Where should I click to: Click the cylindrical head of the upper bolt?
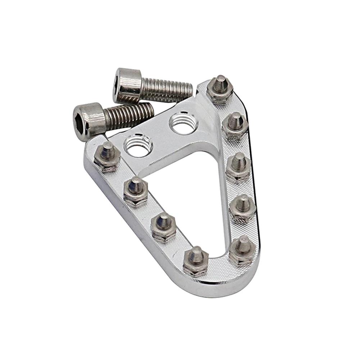click(x=127, y=85)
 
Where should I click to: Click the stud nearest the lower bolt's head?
click(x=107, y=155)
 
